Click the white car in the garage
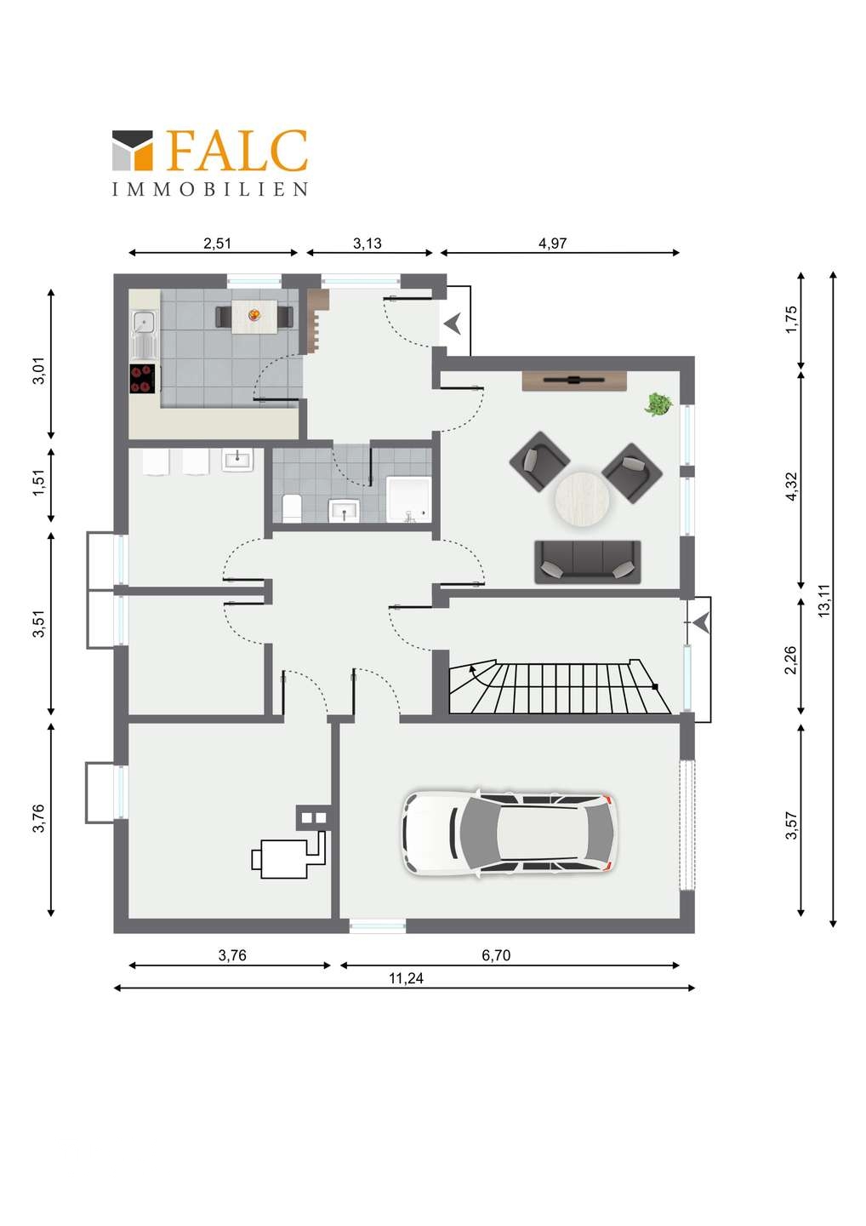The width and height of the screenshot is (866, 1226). coord(510,833)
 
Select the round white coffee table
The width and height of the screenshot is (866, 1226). coord(582,497)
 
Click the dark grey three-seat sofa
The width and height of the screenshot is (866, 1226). coord(587,562)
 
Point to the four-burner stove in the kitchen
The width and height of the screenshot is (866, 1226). coord(143,378)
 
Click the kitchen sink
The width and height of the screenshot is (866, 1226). coord(145,333)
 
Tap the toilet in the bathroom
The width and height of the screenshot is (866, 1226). coord(293,507)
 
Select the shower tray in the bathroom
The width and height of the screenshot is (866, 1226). coord(407,499)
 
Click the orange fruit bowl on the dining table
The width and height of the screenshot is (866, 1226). coord(254,315)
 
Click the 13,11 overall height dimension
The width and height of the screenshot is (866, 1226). coord(824,600)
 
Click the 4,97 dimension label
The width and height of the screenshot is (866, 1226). coord(552,243)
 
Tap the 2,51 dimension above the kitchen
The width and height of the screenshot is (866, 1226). coord(217,243)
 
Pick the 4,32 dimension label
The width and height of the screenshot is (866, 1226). coord(790,486)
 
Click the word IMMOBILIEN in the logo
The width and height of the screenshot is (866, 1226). coord(210,189)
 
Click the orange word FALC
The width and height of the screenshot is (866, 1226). coord(237,150)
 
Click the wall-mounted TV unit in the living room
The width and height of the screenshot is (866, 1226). coord(574,381)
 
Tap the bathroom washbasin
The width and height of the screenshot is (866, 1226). coord(344,510)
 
